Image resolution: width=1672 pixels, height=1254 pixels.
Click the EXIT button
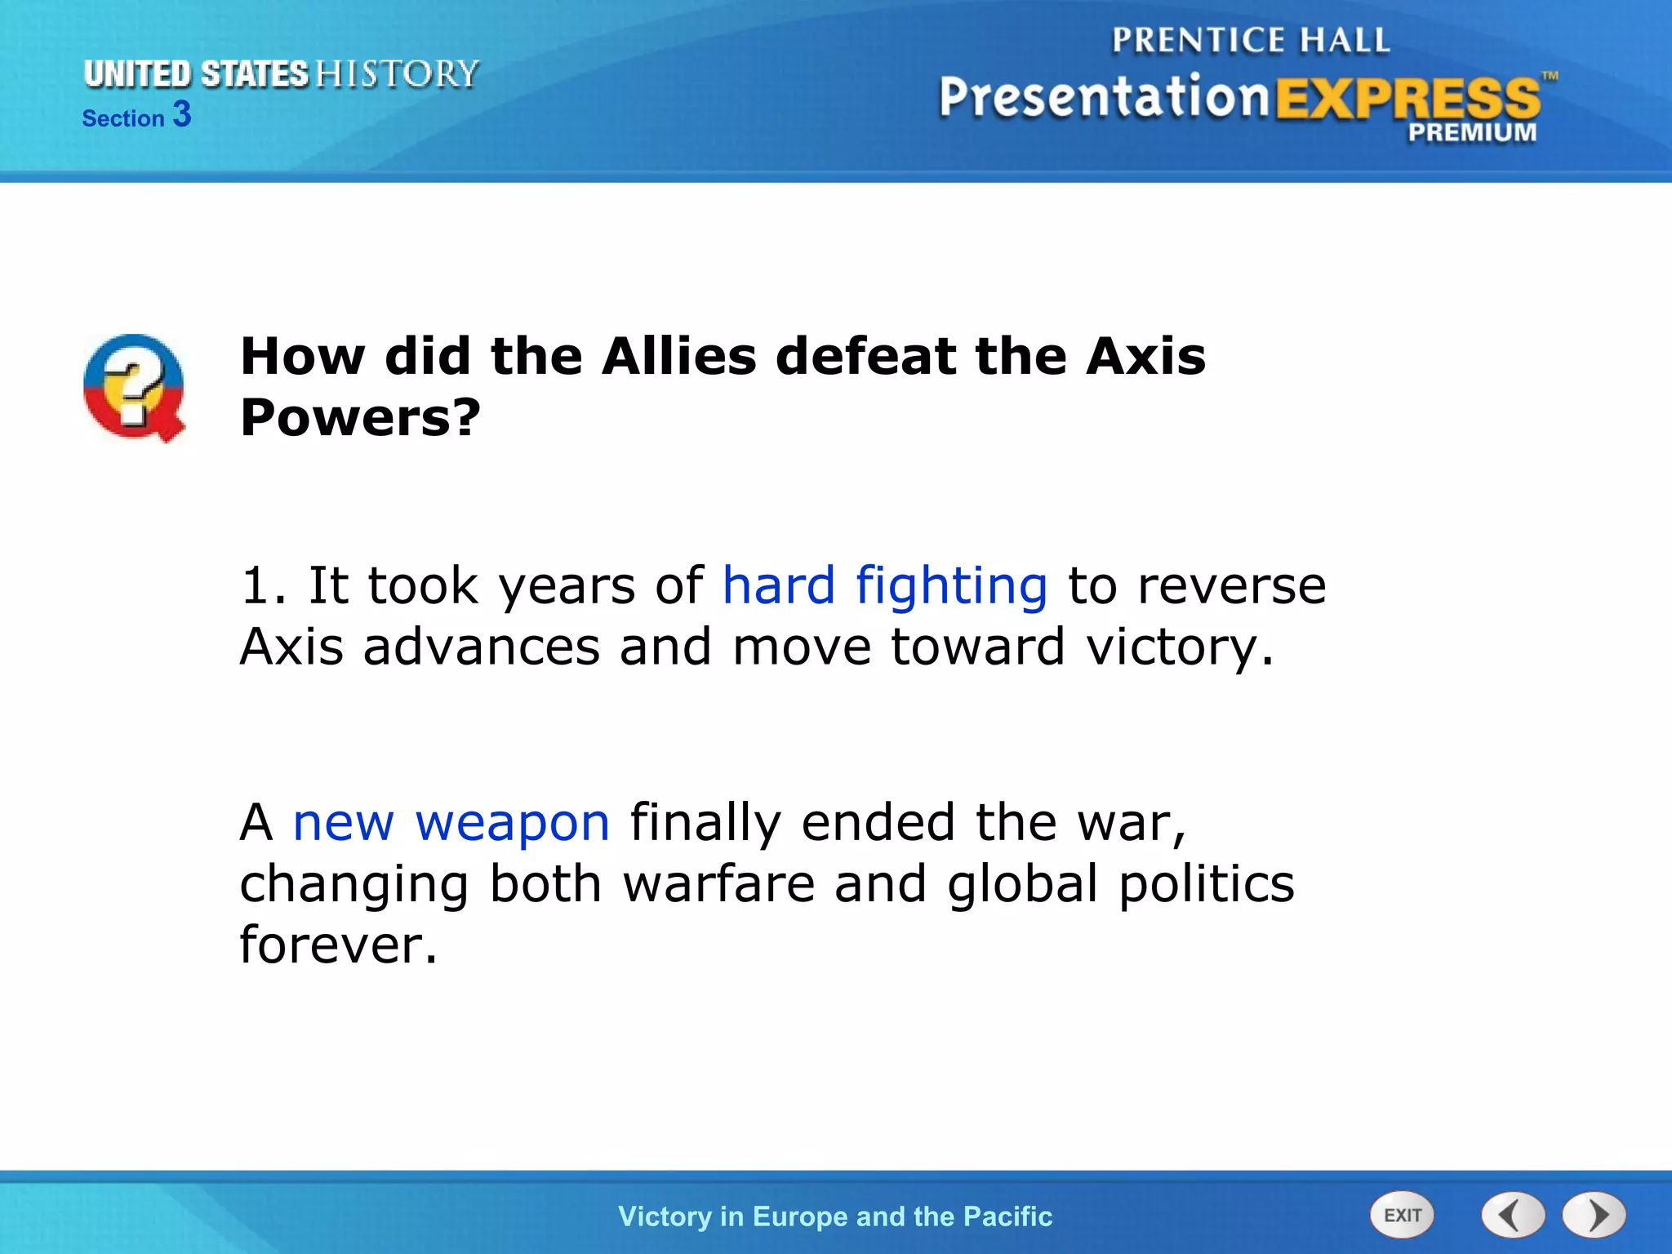[1402, 1215]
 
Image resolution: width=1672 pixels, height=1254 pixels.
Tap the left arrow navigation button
[1513, 1215]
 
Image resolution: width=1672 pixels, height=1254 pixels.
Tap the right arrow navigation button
[1594, 1215]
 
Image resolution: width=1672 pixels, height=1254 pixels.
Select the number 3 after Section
[182, 114]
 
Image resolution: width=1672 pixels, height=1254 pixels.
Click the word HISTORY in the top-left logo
[397, 73]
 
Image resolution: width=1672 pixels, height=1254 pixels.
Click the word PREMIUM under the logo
[1472, 132]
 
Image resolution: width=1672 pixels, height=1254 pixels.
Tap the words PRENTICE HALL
[1251, 40]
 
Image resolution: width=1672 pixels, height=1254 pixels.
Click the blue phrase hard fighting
[885, 586]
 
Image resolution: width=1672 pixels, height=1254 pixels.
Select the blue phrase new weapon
[451, 822]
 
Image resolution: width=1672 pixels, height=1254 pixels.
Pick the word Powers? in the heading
[360, 417]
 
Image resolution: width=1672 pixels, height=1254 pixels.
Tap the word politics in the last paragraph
[1206, 884]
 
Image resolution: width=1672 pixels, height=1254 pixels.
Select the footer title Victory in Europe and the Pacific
[835, 1216]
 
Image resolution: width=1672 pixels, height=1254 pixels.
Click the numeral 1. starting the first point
[264, 586]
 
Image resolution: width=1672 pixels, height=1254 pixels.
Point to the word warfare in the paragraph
[719, 884]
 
